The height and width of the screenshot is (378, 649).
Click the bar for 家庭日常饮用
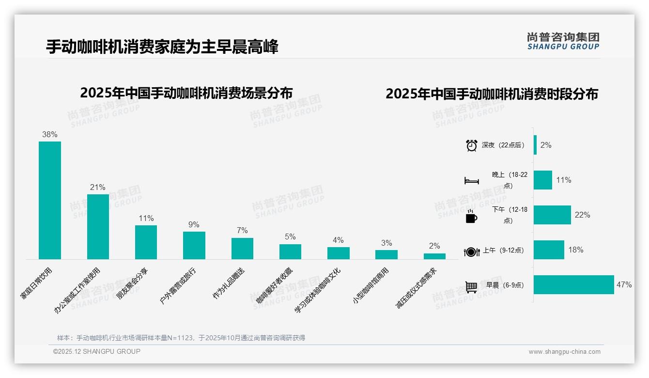[50, 200]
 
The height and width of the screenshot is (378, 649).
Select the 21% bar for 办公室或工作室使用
[98, 227]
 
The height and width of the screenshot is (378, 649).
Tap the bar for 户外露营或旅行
[194, 245]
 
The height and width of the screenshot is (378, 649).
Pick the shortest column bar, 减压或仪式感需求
[434, 256]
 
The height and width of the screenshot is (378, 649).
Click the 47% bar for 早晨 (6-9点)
[573, 285]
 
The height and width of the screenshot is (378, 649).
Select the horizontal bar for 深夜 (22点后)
[535, 145]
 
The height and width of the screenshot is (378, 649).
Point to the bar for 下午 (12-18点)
[552, 215]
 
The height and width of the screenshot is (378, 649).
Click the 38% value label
[50, 134]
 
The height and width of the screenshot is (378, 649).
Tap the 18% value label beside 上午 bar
[575, 250]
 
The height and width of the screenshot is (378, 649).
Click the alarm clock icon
[471, 145]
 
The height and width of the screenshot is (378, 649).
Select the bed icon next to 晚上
[471, 181]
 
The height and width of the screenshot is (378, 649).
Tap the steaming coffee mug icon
[471, 216]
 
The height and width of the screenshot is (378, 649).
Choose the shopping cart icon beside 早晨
[471, 286]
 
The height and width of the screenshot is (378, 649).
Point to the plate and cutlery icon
[471, 252]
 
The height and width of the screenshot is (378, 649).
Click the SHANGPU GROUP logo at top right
[563, 41]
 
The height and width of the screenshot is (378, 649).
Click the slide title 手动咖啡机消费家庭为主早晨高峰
[162, 47]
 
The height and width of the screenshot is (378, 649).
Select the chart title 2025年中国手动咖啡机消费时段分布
[492, 94]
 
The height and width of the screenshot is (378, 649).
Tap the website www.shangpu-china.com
[564, 352]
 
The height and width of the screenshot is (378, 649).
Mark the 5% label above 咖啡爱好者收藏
[290, 237]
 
